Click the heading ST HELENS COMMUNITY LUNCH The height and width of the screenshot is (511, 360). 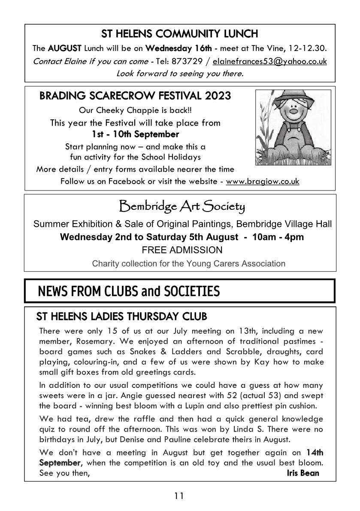179,33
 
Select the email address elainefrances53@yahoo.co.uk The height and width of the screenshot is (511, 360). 269,61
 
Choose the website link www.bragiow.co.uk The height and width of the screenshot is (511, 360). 262,181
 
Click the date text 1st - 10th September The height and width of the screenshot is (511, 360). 135,134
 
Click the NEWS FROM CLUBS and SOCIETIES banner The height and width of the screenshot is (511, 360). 129,292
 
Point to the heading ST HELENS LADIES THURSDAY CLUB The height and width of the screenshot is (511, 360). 122,317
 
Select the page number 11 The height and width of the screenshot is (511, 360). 179,496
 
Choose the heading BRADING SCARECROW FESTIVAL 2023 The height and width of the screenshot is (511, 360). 135,96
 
